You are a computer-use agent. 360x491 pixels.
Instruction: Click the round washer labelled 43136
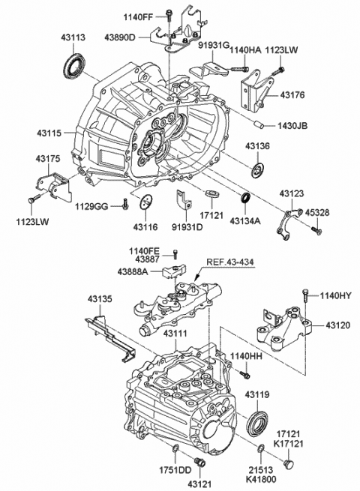pyautogui.click(x=259, y=169)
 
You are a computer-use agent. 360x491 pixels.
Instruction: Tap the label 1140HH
pyautogui.click(x=244, y=355)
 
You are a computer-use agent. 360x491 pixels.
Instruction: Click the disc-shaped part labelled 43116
pyautogui.click(x=146, y=202)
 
